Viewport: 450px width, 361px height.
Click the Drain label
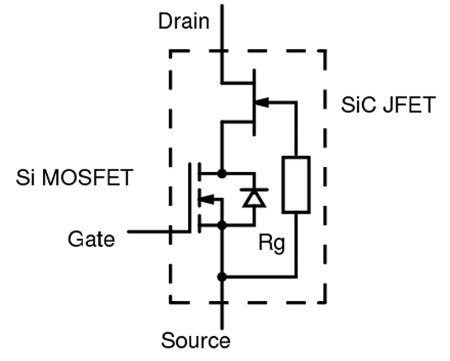pos(183,22)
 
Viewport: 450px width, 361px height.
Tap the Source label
pos(196,340)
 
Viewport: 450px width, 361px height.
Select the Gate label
pos(91,239)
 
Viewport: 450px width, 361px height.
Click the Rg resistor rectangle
pos(296,185)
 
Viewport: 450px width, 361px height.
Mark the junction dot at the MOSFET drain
pos(222,173)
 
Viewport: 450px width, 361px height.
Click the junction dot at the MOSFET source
pos(222,225)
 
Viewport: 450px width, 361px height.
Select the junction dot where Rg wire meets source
pos(222,277)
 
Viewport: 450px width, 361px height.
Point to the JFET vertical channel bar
pos(255,102)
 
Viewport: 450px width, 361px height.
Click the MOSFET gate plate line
pos(190,197)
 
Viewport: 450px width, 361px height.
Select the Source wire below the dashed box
pos(222,315)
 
